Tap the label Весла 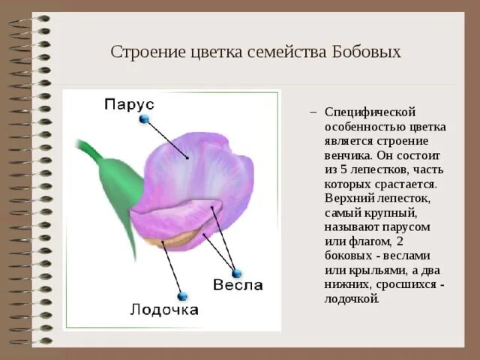(x=238, y=285)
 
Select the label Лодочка (x=164, y=309)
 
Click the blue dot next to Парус (x=145, y=118)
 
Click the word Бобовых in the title (x=364, y=52)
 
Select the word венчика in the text (x=347, y=154)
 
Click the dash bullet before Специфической (x=314, y=111)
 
